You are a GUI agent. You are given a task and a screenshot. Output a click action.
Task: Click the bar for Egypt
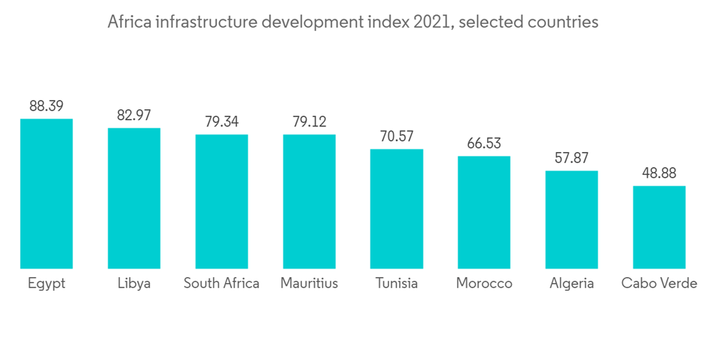coord(46,194)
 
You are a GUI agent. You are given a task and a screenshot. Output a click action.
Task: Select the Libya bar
coord(134,199)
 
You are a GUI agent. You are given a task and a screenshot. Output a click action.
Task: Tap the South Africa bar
coord(221,201)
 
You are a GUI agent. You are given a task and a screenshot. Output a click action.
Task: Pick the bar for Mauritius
coord(309,201)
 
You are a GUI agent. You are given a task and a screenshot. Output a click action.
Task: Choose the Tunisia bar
coord(396,209)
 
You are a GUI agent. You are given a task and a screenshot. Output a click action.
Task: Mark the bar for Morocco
coord(484,212)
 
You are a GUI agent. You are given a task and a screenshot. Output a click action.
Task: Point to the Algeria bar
coord(571,219)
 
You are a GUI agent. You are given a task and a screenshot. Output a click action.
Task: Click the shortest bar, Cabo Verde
coord(659,227)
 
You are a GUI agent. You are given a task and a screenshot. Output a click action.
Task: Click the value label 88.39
coord(46,106)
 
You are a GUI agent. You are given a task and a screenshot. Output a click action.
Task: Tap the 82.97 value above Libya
coord(134,115)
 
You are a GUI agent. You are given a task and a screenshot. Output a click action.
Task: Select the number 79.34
coord(221,121)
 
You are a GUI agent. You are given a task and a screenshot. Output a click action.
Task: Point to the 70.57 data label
coord(396,136)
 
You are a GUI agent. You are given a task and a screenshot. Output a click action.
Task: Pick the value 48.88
coord(659,173)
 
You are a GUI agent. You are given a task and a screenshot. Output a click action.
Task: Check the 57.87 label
coord(571,158)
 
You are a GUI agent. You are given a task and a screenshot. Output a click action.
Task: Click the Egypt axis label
coord(46,284)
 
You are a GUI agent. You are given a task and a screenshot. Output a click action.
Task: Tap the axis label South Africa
coord(221,283)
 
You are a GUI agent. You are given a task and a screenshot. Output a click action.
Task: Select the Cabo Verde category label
coord(659,283)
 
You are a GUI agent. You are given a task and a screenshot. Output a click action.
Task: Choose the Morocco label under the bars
coord(484,283)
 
